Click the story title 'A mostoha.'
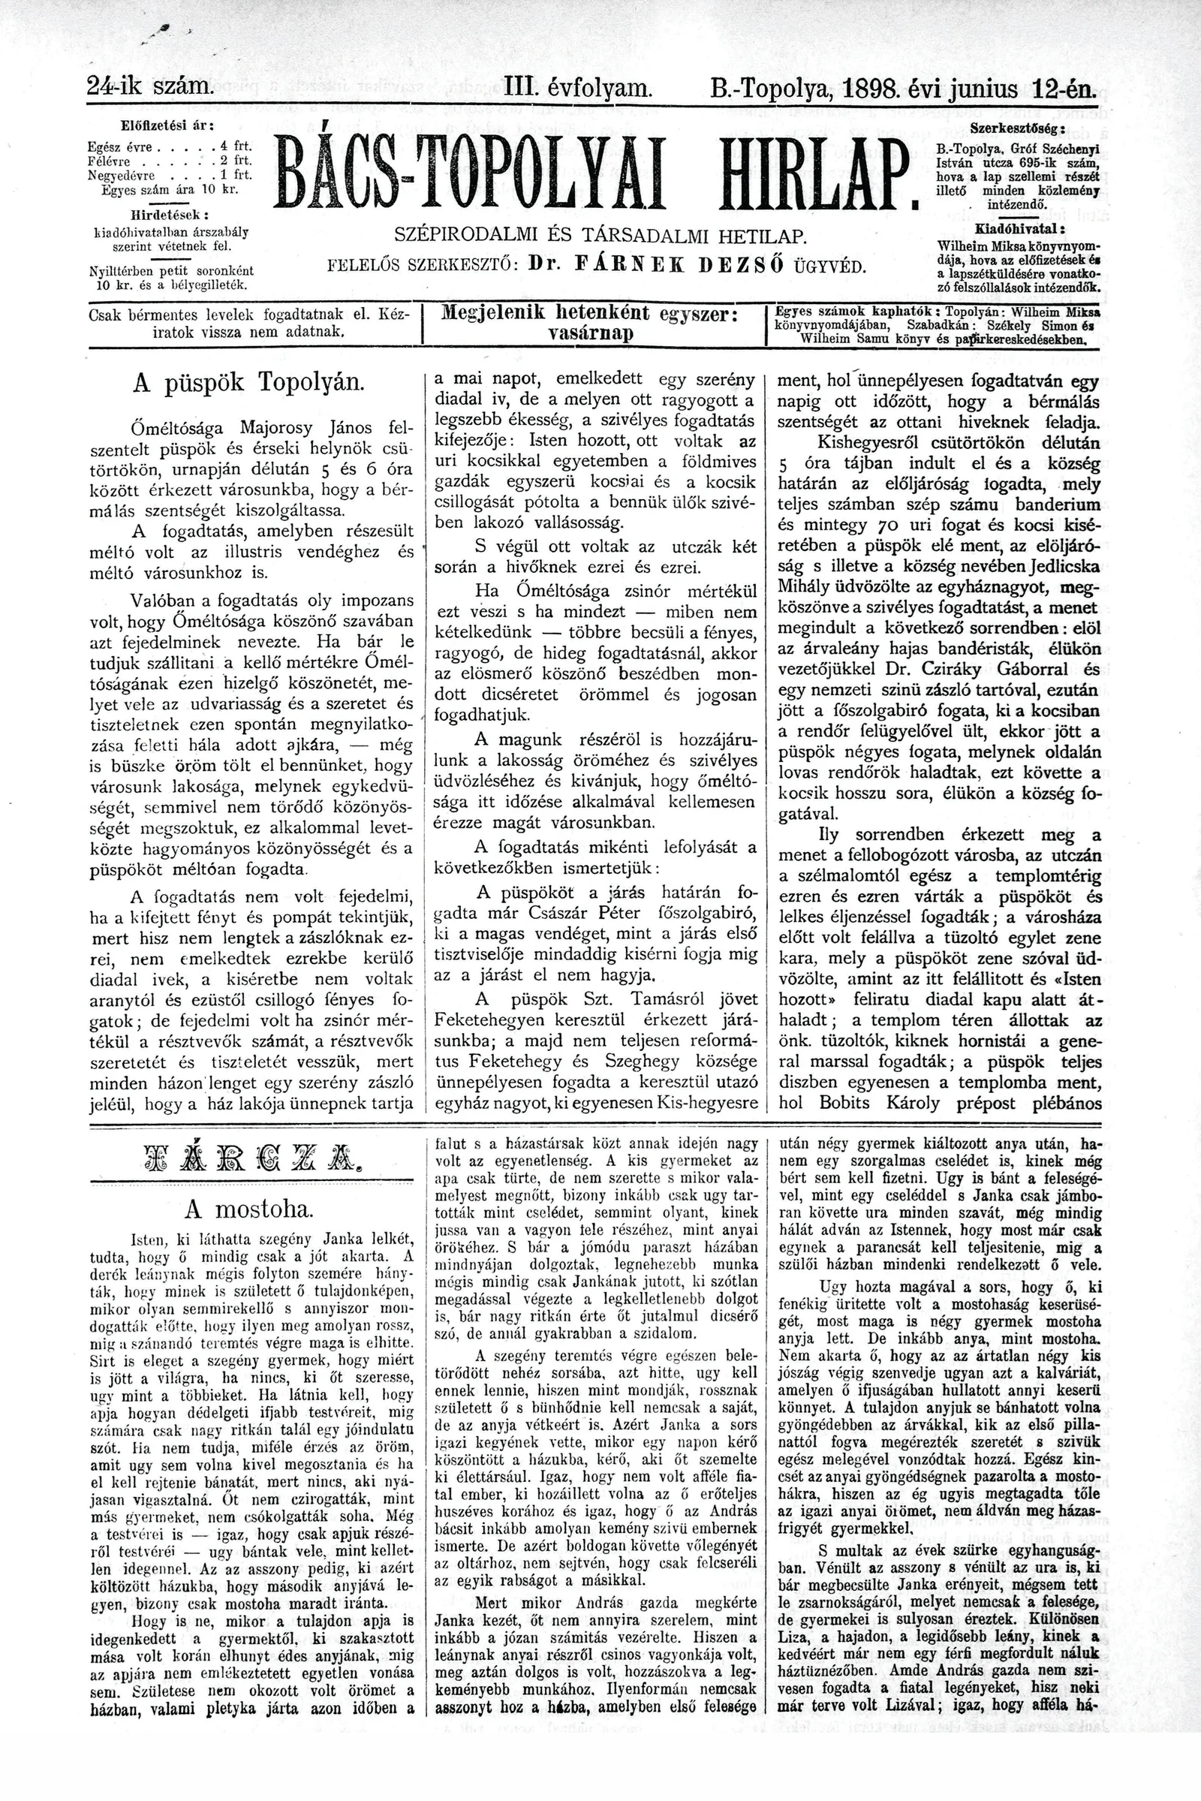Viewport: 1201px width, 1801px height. click(249, 1209)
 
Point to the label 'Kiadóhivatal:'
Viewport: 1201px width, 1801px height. click(1019, 229)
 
